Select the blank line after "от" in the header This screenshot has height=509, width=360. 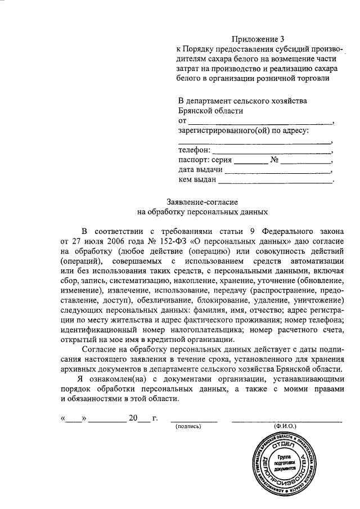[x=260, y=121]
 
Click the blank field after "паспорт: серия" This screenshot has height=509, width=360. [x=251, y=161]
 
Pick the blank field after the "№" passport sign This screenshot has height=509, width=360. [x=307, y=161]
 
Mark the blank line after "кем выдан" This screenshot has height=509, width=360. [x=276, y=181]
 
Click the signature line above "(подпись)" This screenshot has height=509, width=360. [x=193, y=420]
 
